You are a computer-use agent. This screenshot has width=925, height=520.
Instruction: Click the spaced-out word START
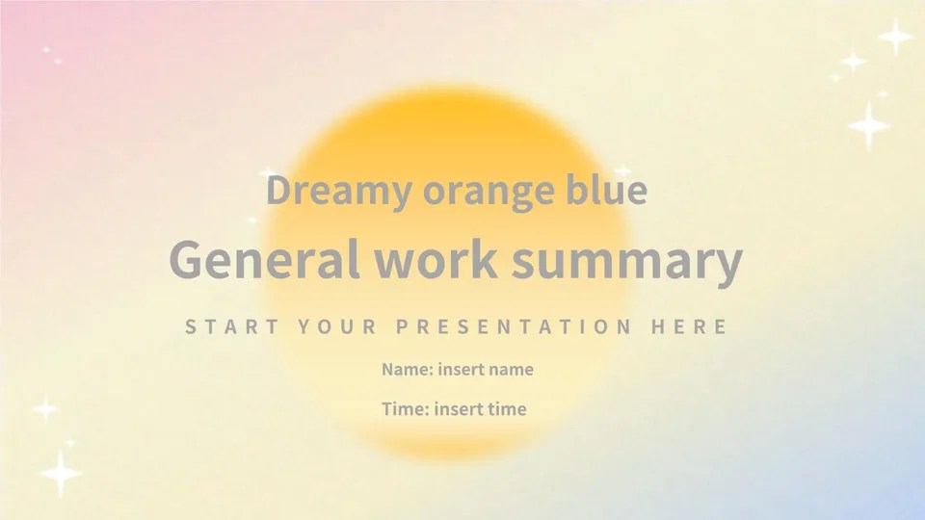tap(231, 326)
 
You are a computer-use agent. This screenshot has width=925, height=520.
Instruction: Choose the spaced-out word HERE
tap(689, 326)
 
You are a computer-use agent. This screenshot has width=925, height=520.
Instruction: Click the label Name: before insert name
tap(408, 369)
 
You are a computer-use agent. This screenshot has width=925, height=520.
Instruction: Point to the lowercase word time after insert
tap(506, 409)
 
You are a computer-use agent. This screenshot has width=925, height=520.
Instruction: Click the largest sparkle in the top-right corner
tap(868, 125)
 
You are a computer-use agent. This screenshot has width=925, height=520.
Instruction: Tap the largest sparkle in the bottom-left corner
tap(60, 474)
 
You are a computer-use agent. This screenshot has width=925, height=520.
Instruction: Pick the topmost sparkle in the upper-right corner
tap(895, 37)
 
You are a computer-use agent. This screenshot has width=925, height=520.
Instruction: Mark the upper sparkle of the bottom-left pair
tap(45, 408)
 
